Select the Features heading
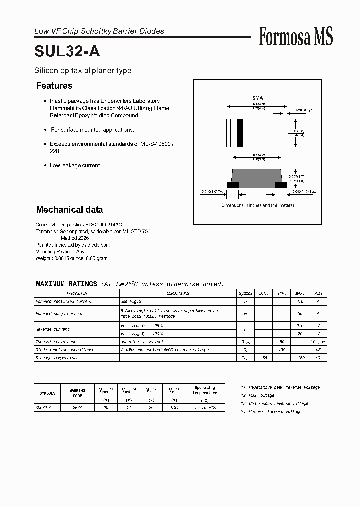54,86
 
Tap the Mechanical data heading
69,210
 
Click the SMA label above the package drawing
257,98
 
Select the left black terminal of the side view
233,185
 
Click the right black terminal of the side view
281,185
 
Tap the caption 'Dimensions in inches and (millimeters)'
258,205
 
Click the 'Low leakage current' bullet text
75,165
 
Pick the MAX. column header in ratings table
300,294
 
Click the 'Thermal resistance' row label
56,342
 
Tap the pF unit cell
317,350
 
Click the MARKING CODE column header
77,393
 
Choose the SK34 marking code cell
77,407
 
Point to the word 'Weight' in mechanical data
43,258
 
